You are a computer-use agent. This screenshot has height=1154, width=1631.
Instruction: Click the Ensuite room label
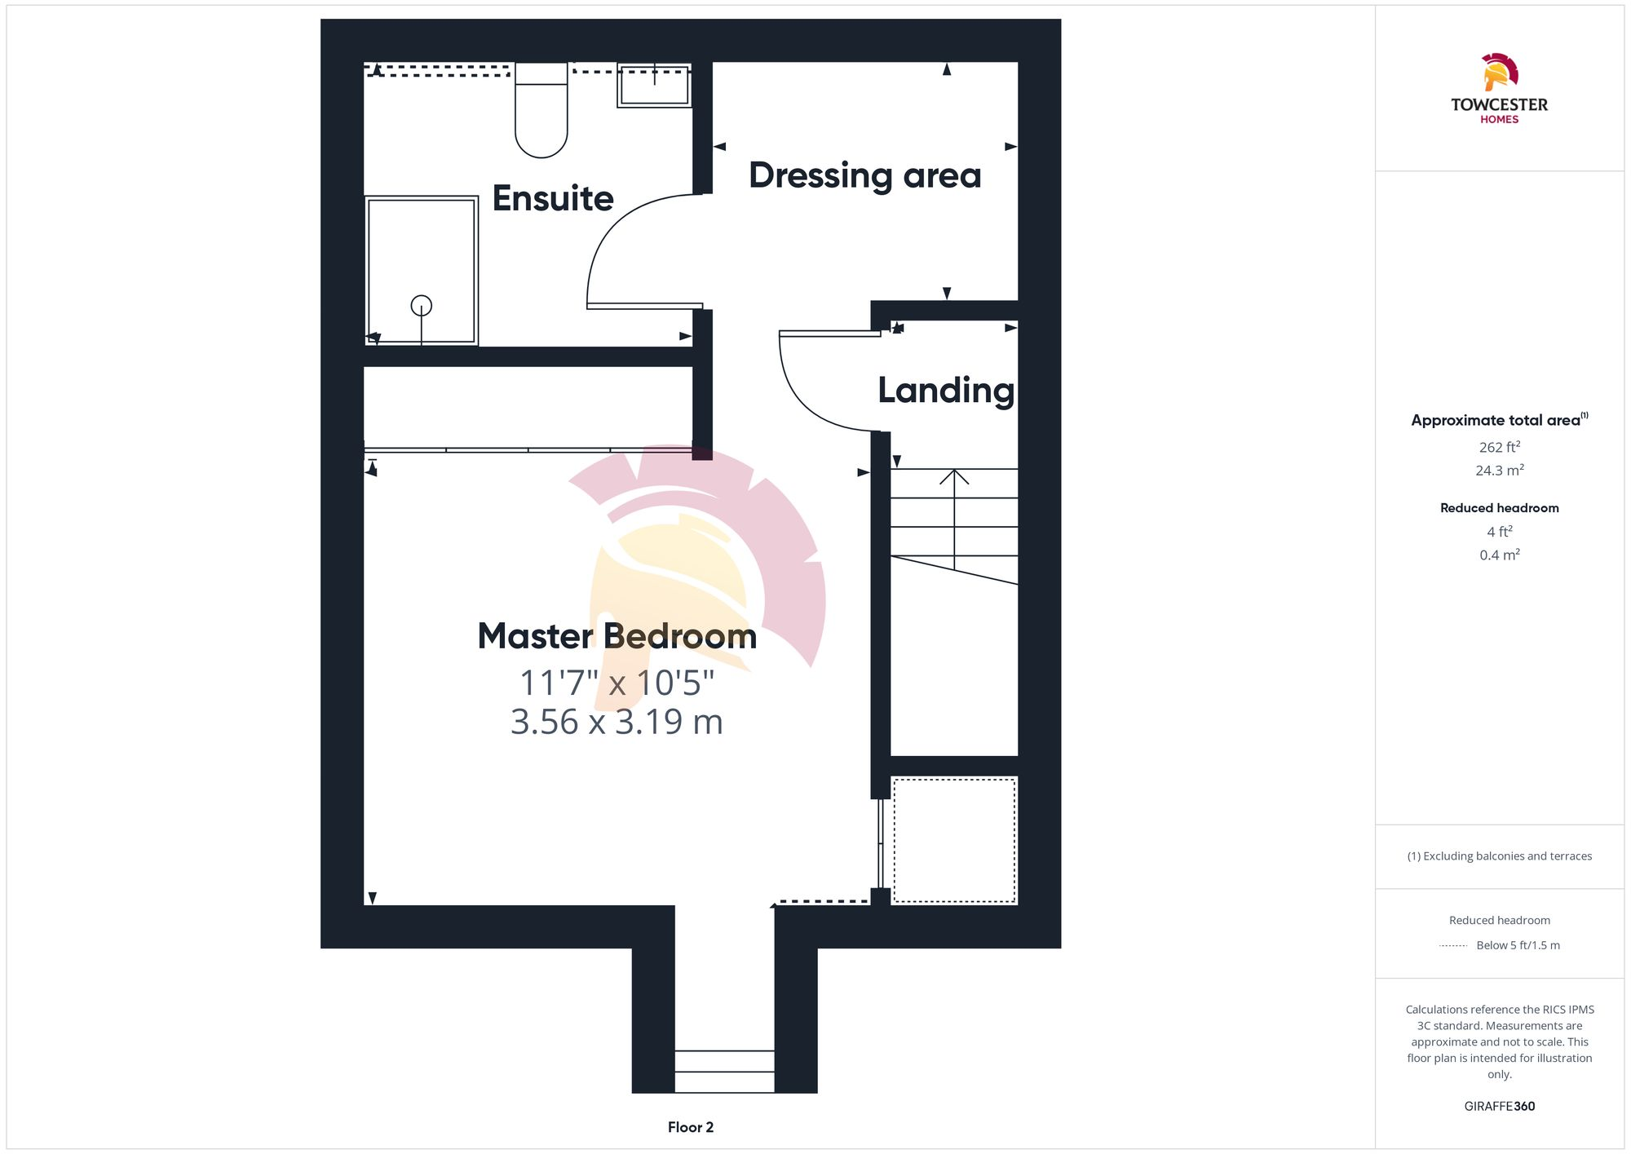pyautogui.click(x=552, y=198)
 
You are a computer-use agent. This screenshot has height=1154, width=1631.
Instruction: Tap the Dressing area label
pyautogui.click(x=864, y=175)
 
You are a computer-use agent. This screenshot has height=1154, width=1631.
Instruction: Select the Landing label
pyautogui.click(x=946, y=390)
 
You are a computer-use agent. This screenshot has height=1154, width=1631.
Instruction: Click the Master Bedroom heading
pyautogui.click(x=617, y=636)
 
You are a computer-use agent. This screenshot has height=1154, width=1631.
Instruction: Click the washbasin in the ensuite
pyautogui.click(x=654, y=86)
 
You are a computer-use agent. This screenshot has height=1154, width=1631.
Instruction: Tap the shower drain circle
pyautogui.click(x=421, y=305)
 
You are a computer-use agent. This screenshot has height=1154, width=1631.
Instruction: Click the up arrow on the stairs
pyautogui.click(x=954, y=477)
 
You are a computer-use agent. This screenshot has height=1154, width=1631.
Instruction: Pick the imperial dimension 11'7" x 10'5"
pyautogui.click(x=617, y=683)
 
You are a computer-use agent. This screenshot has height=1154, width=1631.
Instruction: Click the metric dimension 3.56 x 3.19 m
pyautogui.click(x=617, y=722)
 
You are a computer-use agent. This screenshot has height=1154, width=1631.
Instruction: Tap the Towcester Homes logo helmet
pyautogui.click(x=1499, y=72)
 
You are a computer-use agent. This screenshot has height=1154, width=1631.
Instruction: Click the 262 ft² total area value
pyautogui.click(x=1499, y=447)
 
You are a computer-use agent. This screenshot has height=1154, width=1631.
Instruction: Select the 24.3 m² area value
pyautogui.click(x=1499, y=471)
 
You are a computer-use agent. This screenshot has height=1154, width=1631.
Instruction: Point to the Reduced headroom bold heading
pyautogui.click(x=1499, y=508)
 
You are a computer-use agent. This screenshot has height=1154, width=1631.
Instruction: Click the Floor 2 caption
pyautogui.click(x=690, y=1127)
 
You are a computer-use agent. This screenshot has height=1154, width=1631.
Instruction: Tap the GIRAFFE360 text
pyautogui.click(x=1499, y=1107)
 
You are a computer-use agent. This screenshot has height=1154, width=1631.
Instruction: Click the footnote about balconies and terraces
pyautogui.click(x=1499, y=856)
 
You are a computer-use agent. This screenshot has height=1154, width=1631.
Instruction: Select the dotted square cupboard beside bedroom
pyautogui.click(x=954, y=841)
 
